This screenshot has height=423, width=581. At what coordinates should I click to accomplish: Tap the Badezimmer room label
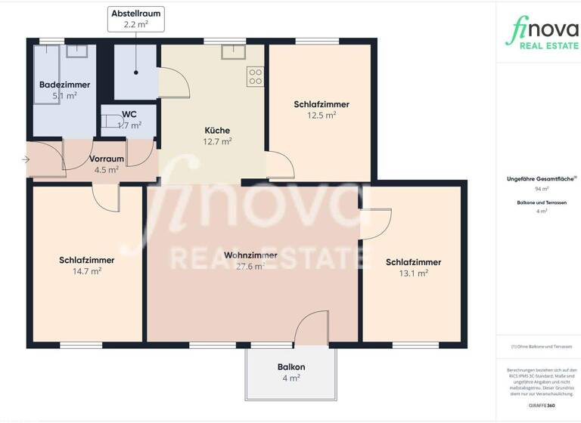tap(64, 85)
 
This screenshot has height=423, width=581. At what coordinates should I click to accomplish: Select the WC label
tap(129, 115)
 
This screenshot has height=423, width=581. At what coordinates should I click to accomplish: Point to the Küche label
tap(216, 130)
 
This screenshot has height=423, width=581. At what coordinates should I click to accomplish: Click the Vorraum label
tap(106, 159)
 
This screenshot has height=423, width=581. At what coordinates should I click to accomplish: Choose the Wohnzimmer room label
tap(250, 255)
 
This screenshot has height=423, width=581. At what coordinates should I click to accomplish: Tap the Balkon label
tap(290, 366)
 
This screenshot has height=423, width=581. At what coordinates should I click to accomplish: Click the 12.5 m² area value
tap(322, 116)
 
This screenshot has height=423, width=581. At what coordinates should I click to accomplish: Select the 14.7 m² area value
tap(86, 272)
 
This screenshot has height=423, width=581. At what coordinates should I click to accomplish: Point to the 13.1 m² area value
tap(413, 273)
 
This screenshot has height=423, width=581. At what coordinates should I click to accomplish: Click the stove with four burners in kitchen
tap(255, 76)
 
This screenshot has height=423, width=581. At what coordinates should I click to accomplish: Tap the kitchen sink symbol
tap(231, 51)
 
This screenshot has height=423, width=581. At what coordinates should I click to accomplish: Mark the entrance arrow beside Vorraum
tap(26, 159)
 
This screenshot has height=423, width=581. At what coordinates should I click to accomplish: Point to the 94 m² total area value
tap(542, 189)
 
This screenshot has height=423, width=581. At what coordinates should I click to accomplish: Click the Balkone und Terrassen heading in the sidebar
tap(542, 202)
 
